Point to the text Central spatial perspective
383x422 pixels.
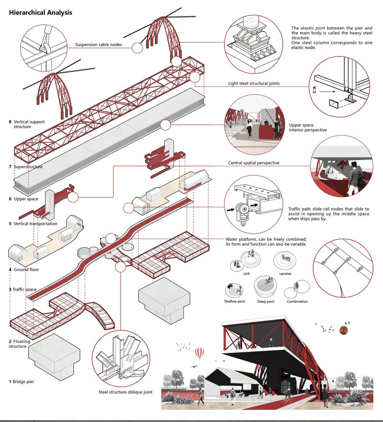tap(254, 163)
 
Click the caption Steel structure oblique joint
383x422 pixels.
tap(125, 392)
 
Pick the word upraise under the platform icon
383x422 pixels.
tap(284, 274)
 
